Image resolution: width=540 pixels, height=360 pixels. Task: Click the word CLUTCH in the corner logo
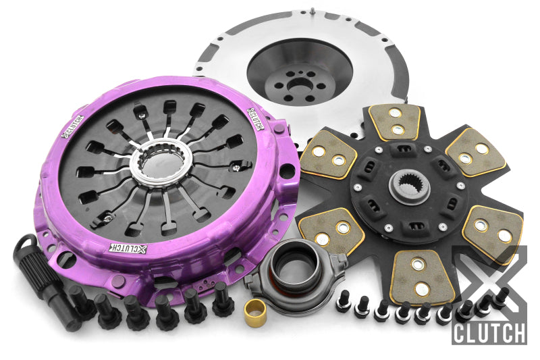489,333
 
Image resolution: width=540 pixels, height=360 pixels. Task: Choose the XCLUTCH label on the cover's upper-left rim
74,125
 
